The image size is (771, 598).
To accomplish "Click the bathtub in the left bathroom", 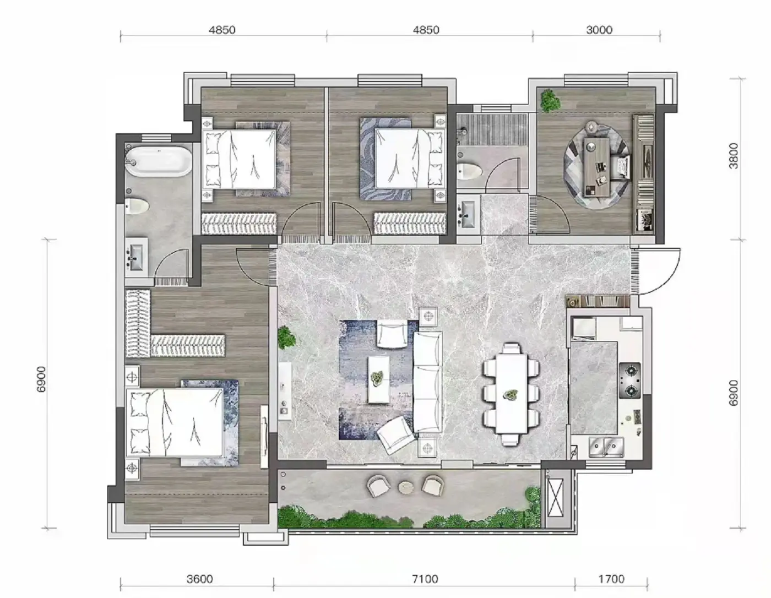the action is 159,161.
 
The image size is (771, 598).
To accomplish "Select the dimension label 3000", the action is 599,30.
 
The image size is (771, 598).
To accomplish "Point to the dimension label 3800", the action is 734,156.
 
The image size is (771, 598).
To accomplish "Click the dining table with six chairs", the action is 511,394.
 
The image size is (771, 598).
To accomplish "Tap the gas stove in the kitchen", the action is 630,380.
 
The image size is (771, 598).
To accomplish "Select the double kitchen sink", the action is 606,447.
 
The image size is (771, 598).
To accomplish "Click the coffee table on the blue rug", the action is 378,379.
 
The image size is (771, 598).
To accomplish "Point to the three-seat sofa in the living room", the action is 428,382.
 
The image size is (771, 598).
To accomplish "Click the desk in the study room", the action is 597,167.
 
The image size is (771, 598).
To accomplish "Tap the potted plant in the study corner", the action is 550,101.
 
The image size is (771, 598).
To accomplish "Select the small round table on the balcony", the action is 406,487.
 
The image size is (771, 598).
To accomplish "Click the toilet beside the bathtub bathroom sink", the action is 137,206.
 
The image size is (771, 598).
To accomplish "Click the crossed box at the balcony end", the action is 555,498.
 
